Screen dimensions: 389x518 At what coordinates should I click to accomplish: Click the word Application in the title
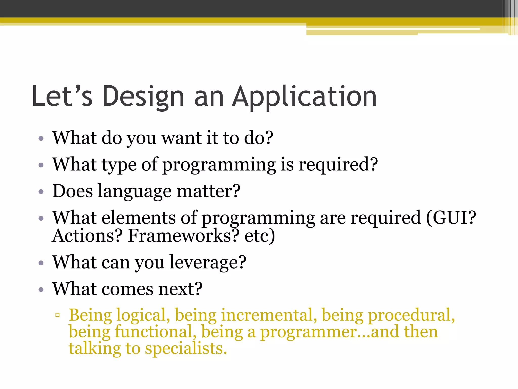coord(305,97)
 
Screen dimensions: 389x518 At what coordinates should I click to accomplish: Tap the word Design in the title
coord(143,97)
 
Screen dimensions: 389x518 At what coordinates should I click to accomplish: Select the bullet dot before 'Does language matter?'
coord(41,192)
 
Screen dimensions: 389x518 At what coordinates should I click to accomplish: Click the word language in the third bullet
coord(135,191)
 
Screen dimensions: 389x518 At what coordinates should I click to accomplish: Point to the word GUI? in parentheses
coord(451,218)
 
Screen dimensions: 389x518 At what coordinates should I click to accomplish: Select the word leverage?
coord(208,262)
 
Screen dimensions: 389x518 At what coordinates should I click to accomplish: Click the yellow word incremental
coord(269,316)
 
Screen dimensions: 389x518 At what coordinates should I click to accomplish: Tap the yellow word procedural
coord(411,316)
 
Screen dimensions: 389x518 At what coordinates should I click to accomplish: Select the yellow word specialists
coord(186,349)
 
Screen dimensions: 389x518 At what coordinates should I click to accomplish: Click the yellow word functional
coord(155,332)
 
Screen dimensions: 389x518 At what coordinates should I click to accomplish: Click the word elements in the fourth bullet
coord(138,218)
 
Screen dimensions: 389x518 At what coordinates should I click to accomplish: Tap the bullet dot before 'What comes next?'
coord(41,289)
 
